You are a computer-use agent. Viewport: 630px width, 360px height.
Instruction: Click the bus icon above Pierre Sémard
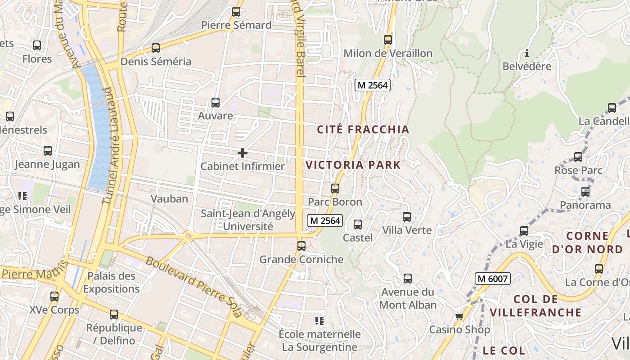tap(236, 12)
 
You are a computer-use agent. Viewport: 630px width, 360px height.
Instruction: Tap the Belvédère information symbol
tap(527, 53)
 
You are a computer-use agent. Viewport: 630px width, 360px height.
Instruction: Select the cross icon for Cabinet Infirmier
tap(242, 153)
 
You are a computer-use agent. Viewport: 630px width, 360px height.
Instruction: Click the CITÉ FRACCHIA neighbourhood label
tap(363, 130)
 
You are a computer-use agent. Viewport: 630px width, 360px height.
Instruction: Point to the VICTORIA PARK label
tap(353, 165)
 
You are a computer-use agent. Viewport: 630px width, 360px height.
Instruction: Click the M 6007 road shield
tap(492, 279)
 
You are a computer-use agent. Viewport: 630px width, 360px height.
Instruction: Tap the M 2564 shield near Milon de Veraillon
tap(372, 85)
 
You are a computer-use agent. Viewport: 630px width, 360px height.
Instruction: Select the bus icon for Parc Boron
tap(335, 189)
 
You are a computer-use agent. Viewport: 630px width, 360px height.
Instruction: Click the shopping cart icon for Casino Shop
tap(459, 316)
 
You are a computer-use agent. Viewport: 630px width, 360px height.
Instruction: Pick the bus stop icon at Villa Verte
tap(407, 217)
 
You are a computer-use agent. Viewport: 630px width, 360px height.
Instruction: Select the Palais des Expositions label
tap(111, 282)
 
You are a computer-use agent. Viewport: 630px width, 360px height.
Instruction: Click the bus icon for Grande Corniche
tap(301, 246)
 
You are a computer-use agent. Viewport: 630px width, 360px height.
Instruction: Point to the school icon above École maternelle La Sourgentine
tap(319, 321)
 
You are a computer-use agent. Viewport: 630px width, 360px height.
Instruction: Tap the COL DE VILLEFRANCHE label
tap(535, 306)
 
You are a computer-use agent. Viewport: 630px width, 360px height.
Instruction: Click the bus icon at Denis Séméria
tap(156, 48)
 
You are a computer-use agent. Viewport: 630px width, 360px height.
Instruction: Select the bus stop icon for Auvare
tap(216, 103)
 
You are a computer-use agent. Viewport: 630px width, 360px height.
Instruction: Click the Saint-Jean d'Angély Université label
tap(248, 220)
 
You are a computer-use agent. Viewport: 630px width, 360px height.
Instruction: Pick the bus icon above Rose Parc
tap(578, 157)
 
